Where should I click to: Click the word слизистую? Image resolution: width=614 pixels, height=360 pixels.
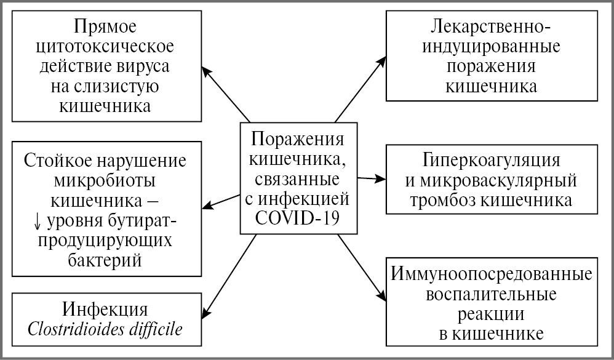click(x=120, y=86)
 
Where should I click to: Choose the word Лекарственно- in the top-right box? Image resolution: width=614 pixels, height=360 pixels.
click(x=491, y=27)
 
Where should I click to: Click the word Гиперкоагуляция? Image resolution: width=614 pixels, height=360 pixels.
click(x=491, y=161)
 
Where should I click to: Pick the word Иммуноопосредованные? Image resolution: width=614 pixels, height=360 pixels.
click(x=491, y=274)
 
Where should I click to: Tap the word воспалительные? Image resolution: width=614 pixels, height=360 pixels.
click(x=491, y=294)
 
